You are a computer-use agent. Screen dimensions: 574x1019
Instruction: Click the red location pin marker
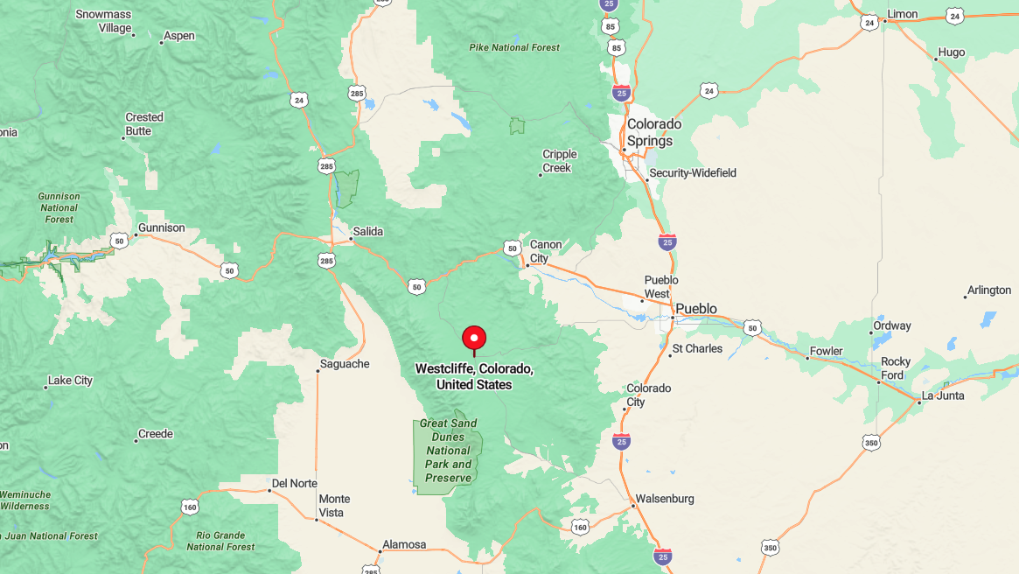(x=473, y=339)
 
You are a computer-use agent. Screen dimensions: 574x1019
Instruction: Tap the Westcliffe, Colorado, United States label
(x=474, y=376)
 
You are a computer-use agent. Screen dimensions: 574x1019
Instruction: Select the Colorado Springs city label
(x=653, y=132)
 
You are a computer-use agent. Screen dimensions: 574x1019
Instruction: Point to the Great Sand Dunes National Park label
(x=449, y=451)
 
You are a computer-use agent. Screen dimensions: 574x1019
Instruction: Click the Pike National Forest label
(x=513, y=47)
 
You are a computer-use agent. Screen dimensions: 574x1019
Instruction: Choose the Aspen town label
(x=178, y=36)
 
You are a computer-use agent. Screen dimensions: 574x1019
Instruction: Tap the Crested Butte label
(x=144, y=124)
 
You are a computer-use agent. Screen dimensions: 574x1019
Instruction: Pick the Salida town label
(x=367, y=232)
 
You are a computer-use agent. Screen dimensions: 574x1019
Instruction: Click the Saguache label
(x=345, y=364)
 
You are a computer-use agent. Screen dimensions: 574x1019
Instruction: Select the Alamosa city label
(x=403, y=544)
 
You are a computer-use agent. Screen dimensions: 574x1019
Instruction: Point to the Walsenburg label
(x=664, y=499)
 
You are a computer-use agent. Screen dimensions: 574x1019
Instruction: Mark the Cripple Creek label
(x=560, y=161)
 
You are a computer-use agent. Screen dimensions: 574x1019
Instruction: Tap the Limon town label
(x=902, y=15)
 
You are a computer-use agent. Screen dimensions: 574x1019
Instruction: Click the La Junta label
(x=943, y=395)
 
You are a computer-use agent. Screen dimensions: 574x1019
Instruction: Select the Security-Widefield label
(x=693, y=173)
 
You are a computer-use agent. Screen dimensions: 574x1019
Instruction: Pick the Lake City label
(x=70, y=381)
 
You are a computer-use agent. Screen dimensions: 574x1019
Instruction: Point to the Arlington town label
(x=988, y=290)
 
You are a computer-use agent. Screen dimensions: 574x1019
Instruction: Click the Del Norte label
(x=294, y=483)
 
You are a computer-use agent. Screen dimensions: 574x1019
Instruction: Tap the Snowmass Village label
(x=103, y=21)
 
